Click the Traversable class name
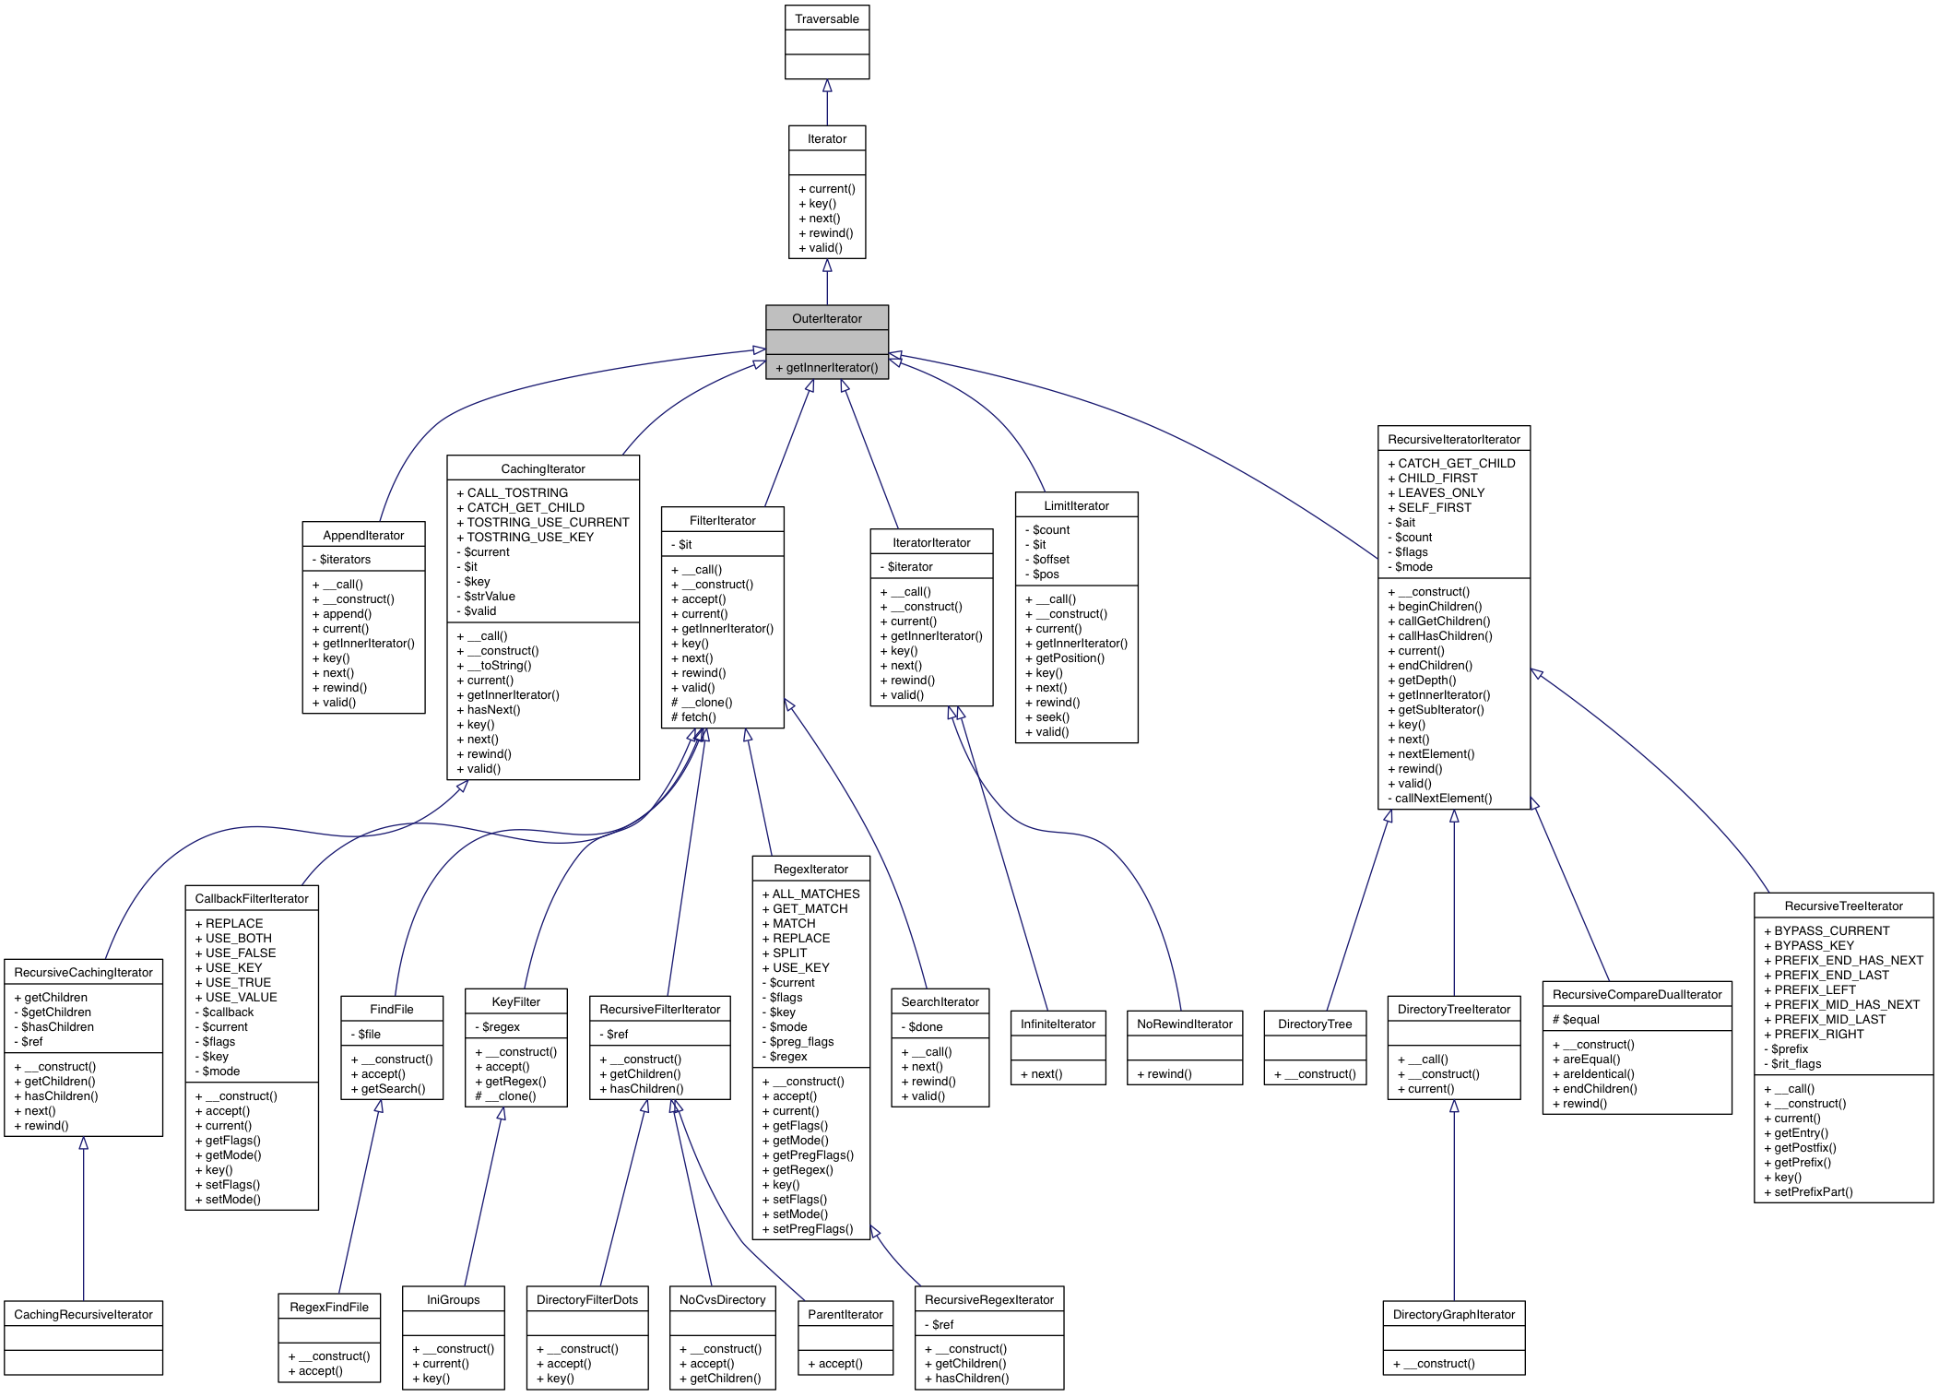826,19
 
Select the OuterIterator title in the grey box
826,319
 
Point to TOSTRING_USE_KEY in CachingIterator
529,538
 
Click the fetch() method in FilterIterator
697,717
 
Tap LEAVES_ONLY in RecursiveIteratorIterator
1440,493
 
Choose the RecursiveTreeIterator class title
1843,906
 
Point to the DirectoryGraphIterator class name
1453,1315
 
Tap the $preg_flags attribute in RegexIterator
800,1042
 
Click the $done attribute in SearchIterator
924,1027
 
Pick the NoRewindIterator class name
1184,1024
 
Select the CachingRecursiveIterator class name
83,1315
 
